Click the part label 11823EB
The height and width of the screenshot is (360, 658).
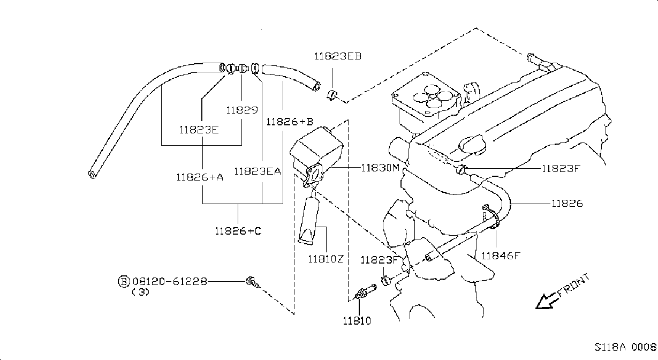[x=338, y=56]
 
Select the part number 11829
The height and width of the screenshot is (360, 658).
[x=242, y=110]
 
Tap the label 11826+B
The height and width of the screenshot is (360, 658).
[x=290, y=122]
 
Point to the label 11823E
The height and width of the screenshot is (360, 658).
[x=199, y=130]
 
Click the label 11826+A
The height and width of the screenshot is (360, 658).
[x=200, y=177]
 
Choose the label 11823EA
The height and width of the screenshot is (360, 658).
[x=258, y=171]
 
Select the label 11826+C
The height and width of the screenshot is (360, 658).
[x=238, y=231]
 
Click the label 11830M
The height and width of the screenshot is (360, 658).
[x=380, y=168]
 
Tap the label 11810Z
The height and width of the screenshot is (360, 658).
[x=326, y=259]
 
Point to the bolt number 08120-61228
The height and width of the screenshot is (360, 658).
[x=170, y=282]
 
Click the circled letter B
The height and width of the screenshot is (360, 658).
[x=124, y=282]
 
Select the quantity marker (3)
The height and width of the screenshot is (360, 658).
[x=141, y=292]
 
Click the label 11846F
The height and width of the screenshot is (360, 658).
[x=501, y=256]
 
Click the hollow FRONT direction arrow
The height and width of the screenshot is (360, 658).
[x=547, y=301]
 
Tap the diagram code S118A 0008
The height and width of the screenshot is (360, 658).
[x=625, y=347]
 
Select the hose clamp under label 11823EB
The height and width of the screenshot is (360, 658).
[x=332, y=95]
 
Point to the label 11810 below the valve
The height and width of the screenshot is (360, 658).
[x=357, y=320]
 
